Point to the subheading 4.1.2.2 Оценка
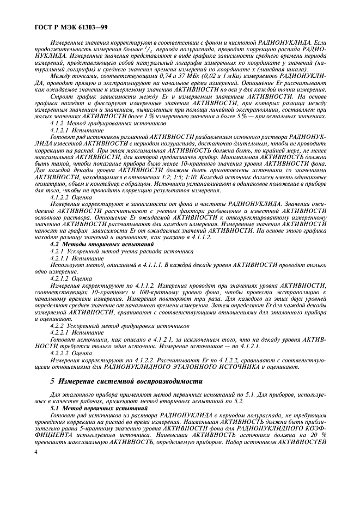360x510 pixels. (x=71, y=196)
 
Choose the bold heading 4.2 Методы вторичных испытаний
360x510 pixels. (x=101, y=245)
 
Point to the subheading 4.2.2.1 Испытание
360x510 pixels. (x=77, y=332)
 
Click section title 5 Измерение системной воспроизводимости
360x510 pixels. (x=126, y=381)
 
